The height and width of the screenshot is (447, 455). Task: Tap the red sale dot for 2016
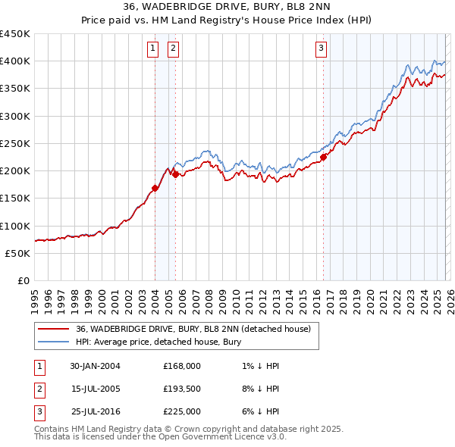coord(323,158)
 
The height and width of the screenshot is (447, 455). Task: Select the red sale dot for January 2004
coord(155,188)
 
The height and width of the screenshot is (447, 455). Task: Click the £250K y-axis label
coord(15,143)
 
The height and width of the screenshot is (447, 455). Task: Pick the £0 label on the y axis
coord(22,280)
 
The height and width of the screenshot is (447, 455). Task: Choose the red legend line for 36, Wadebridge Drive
coord(53,329)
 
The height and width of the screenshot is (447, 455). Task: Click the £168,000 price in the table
coord(181,366)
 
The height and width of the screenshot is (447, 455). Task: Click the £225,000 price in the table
coord(181,411)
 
